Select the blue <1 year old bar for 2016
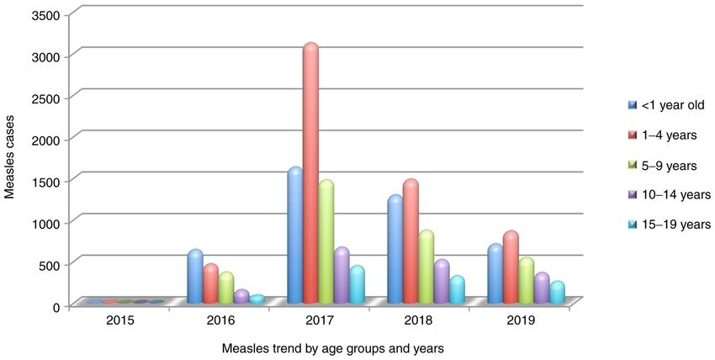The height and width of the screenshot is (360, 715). coord(195,278)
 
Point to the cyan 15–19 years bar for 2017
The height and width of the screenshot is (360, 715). coord(357,285)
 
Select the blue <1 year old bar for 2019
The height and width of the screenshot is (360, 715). coord(495,274)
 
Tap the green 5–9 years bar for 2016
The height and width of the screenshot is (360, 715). coord(226,289)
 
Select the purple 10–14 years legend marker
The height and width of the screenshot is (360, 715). coord(632,195)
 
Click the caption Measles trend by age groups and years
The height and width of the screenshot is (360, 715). coord(332,347)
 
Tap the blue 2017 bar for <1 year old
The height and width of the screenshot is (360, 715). coord(295,236)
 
